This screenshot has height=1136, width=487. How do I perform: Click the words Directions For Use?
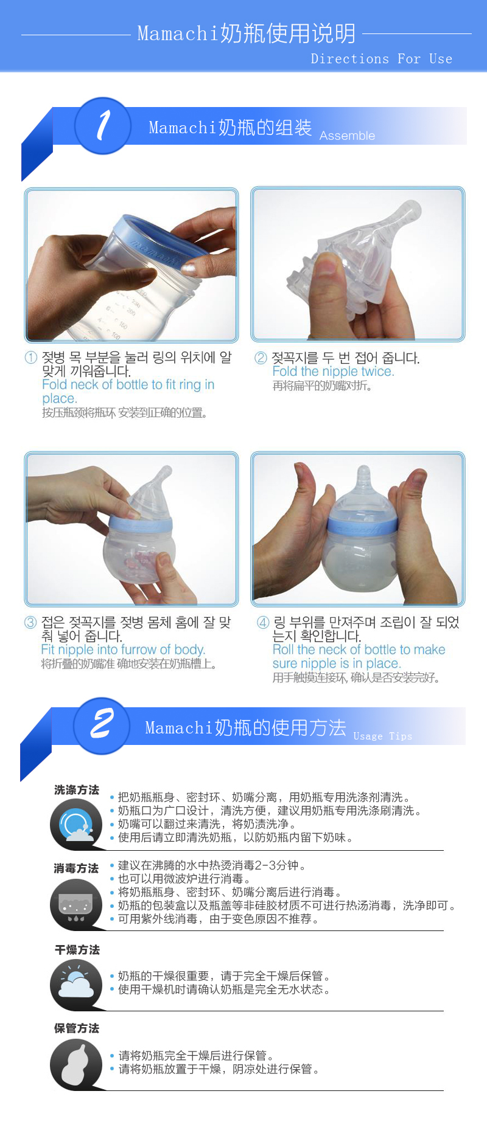pos(381,59)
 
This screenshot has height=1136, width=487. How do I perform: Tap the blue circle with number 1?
pos(102,126)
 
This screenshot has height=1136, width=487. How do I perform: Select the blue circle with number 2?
pos(101,725)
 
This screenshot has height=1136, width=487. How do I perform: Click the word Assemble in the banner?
pos(347,136)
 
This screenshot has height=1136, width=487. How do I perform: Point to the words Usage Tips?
pos(382,736)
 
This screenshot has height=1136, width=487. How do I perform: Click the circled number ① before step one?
pos(30,358)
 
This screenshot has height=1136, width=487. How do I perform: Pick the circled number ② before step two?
pos(261,358)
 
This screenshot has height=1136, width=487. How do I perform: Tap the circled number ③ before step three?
pos(30,622)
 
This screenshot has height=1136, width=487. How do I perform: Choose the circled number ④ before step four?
pos(262,622)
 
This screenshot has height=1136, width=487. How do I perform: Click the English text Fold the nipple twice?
pos(333,371)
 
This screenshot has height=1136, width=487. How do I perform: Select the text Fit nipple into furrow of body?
pos(123,649)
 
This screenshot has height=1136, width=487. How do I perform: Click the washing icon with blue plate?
pos(76,825)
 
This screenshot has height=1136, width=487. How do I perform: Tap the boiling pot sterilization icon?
pos(76,904)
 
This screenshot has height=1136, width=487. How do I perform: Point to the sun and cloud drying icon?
pos(76,984)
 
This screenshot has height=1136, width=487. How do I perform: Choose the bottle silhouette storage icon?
pos(76,1064)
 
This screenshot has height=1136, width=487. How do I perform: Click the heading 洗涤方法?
pos(77,790)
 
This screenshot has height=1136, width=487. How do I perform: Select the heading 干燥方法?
pos(77,950)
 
